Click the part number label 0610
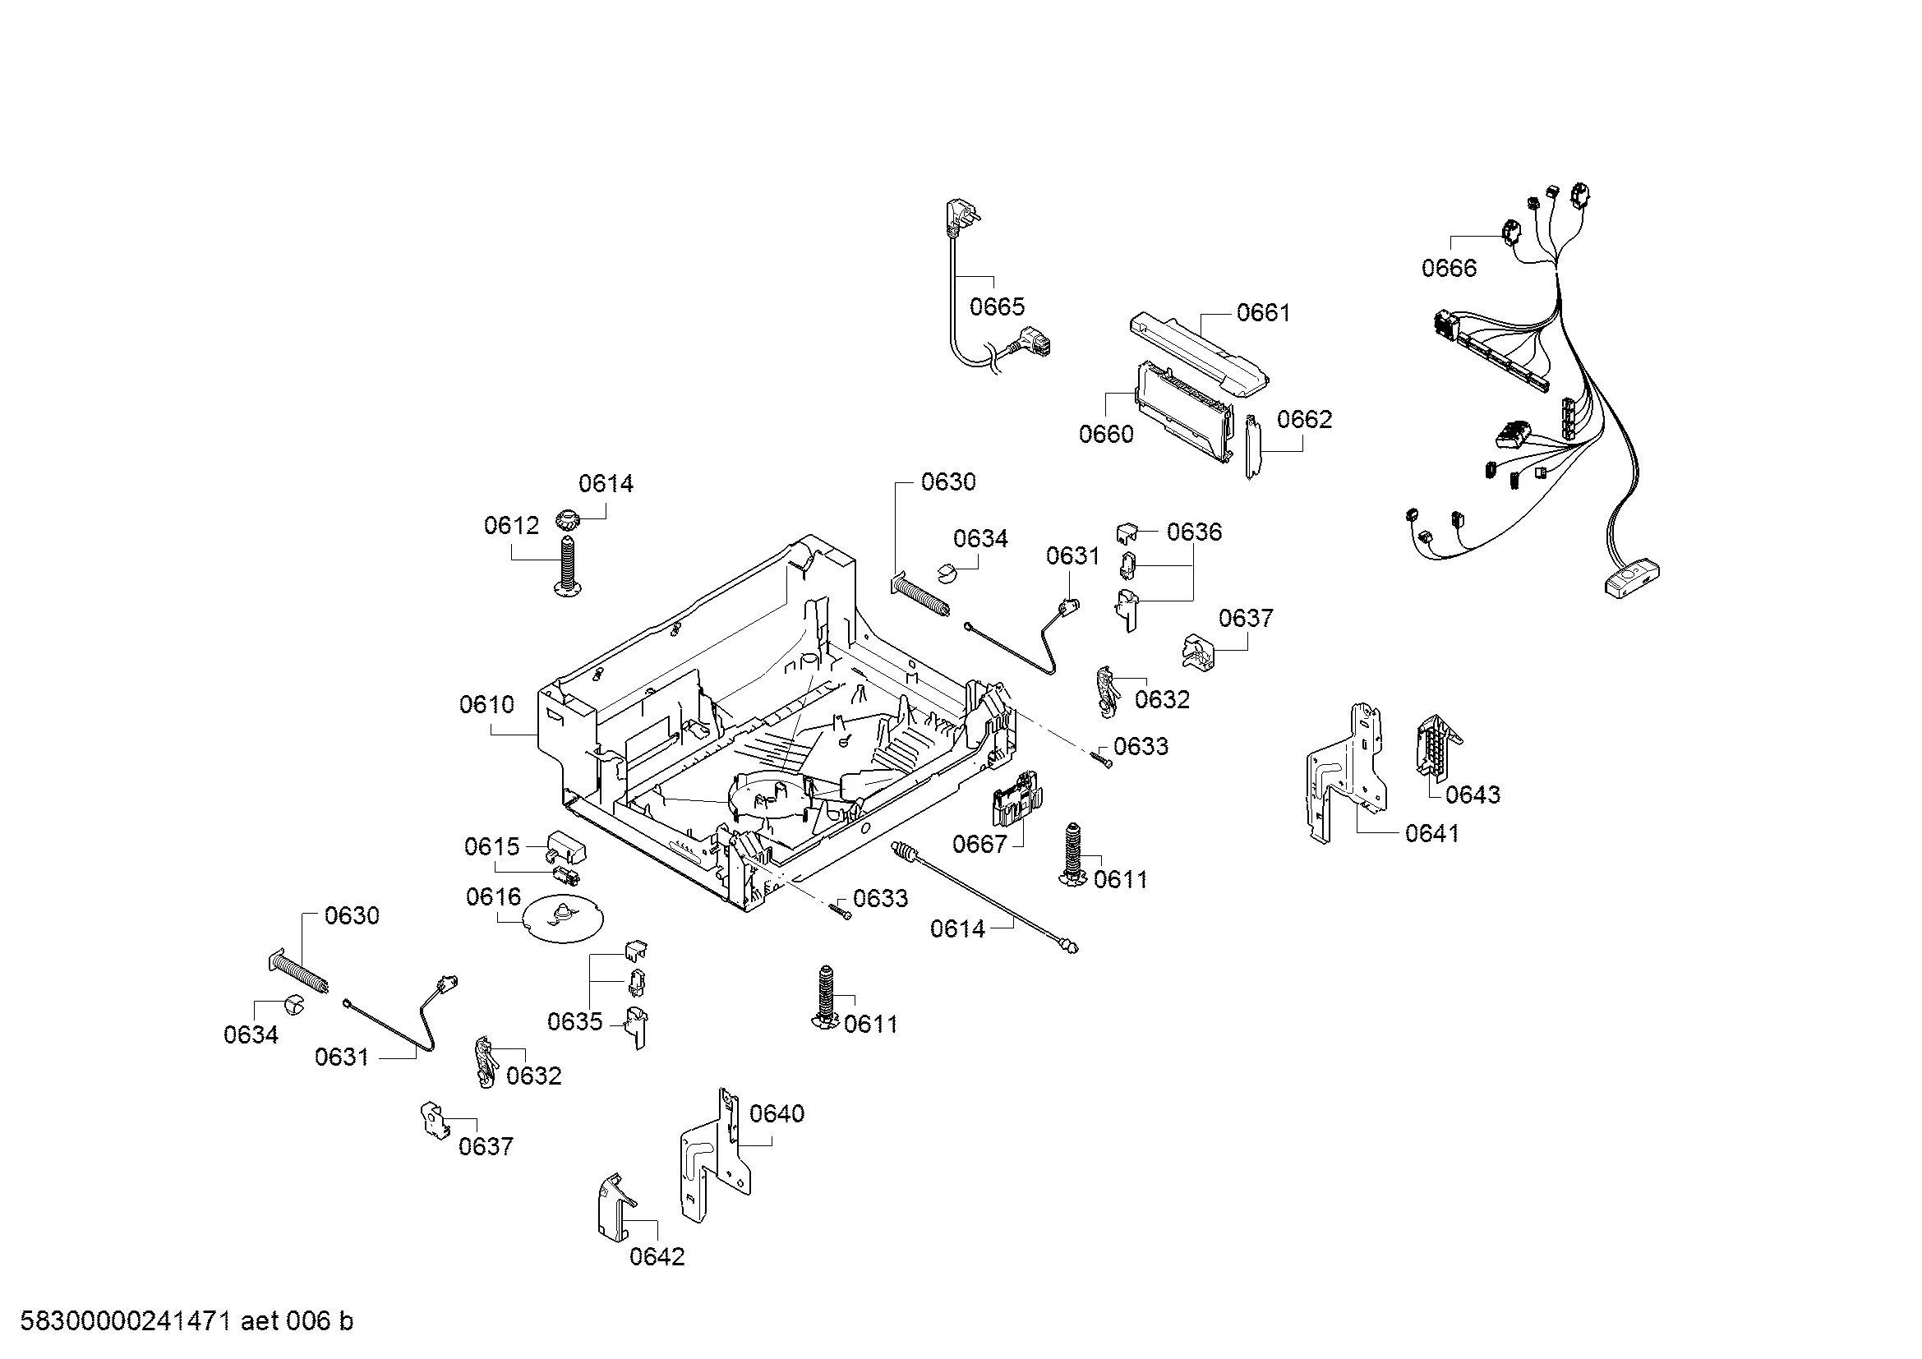click(486, 706)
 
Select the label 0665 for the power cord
click(996, 307)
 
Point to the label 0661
click(1263, 313)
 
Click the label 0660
click(1106, 435)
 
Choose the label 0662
click(1304, 419)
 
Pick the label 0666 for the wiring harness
click(1449, 269)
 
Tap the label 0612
click(510, 527)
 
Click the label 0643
click(1473, 795)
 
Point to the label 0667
click(979, 844)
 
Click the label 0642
click(657, 1256)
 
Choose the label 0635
click(574, 1022)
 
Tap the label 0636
click(1194, 532)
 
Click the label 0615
click(492, 847)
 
